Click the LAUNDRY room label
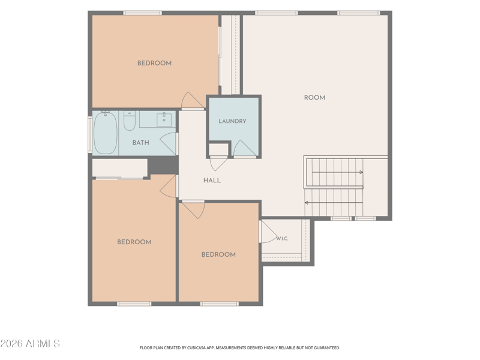(232, 121)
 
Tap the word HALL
(212, 181)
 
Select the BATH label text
(141, 143)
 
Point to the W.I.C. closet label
(282, 238)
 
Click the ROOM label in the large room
(314, 98)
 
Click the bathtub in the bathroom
(106, 133)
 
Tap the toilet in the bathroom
(130, 121)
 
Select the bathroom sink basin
(164, 119)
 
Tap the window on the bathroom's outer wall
(90, 134)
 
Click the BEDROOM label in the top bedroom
(154, 64)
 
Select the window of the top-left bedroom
(142, 13)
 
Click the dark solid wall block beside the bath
(163, 166)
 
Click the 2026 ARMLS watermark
(30, 343)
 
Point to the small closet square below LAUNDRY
(218, 149)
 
